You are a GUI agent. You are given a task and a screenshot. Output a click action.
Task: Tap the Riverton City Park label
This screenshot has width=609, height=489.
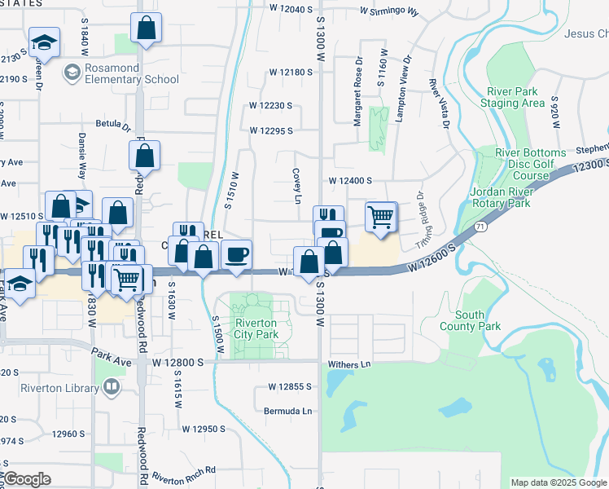click(x=256, y=328)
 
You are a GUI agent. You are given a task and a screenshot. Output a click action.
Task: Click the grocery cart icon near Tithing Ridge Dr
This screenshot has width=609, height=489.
click(x=380, y=218)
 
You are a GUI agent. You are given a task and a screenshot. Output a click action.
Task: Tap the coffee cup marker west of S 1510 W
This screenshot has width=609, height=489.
click(x=236, y=255)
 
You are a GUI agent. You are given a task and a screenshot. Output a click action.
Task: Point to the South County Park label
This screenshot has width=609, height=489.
click(x=480, y=320)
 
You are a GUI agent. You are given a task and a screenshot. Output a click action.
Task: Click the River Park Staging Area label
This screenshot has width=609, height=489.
click(x=516, y=98)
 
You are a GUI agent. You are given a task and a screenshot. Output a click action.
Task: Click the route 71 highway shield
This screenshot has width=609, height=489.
click(x=482, y=224)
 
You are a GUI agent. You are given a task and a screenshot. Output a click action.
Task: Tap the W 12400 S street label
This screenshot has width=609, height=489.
click(x=350, y=180)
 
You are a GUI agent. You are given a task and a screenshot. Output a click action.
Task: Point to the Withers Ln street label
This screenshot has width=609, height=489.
click(x=350, y=365)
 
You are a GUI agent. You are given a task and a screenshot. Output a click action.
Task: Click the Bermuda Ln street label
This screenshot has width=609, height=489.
click(x=288, y=412)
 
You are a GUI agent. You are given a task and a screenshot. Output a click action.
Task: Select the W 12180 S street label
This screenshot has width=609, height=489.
click(x=291, y=73)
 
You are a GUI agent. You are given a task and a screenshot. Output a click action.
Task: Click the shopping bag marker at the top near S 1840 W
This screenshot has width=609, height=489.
click(x=145, y=29)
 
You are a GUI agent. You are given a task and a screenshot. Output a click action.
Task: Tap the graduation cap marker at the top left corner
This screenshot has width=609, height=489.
click(x=44, y=42)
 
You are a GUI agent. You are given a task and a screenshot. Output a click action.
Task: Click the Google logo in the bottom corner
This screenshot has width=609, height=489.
click(x=27, y=479)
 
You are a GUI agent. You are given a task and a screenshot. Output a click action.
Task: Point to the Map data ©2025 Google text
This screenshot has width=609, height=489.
click(x=558, y=482)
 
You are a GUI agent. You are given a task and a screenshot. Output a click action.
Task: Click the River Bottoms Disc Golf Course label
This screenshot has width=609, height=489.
click(x=530, y=165)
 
